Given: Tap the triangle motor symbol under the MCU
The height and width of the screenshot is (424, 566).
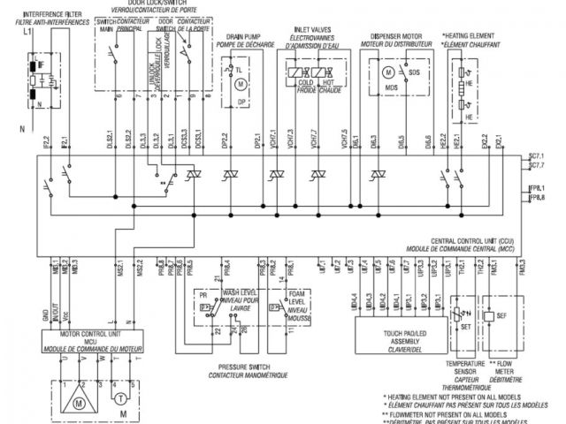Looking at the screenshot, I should pos(79,402).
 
